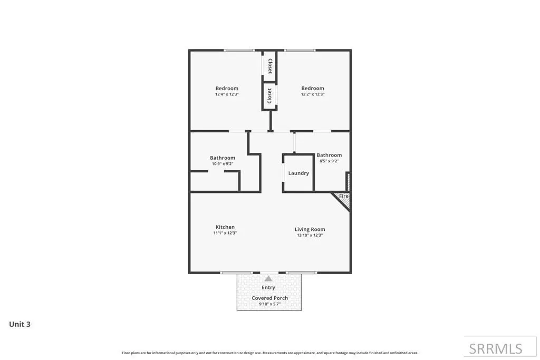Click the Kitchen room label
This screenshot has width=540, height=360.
(x=225, y=227)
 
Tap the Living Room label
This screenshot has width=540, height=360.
(x=310, y=229)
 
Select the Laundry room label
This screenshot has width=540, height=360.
(x=298, y=173)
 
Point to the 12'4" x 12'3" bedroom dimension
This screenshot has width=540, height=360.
(x=227, y=94)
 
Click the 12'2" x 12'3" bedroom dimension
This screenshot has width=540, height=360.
(x=313, y=94)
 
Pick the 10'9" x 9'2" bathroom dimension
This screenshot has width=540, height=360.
(x=223, y=164)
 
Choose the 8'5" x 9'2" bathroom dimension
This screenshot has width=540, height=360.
(x=329, y=161)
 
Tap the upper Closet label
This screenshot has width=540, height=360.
(x=270, y=66)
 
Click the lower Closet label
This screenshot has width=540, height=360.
(x=269, y=96)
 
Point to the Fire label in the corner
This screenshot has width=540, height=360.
(x=344, y=196)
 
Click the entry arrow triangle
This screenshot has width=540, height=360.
(x=268, y=279)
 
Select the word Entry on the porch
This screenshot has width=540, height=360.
(x=268, y=287)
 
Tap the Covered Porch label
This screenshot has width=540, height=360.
(x=269, y=298)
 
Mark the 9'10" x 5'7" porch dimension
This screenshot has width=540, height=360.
(x=269, y=304)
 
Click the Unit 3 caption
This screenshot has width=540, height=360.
(x=20, y=324)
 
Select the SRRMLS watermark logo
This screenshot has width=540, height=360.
(x=496, y=349)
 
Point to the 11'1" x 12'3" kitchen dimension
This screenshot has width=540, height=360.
(x=225, y=232)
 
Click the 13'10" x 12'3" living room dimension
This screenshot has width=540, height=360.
(x=310, y=235)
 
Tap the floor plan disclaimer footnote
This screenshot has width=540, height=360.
(x=269, y=353)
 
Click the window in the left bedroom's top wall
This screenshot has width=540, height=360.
(x=239, y=51)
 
